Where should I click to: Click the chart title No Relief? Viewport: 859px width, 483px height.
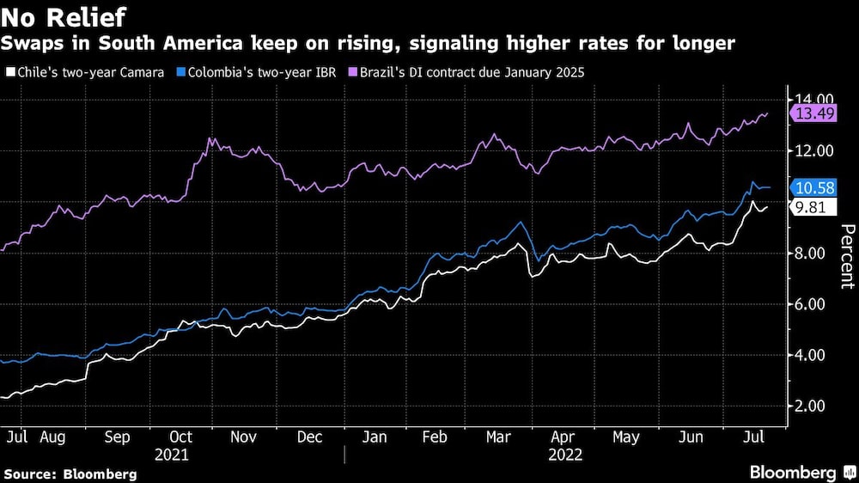point(65,17)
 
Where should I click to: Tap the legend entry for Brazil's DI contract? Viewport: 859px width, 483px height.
point(471,72)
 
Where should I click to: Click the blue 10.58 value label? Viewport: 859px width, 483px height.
point(815,186)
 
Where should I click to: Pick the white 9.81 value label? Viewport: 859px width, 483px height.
point(812,207)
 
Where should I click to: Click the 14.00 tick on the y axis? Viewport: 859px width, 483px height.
point(813,100)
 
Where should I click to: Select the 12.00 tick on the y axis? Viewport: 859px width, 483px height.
point(813,151)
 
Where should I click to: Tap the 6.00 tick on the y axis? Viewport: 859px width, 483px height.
point(813,304)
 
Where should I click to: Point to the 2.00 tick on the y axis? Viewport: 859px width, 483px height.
point(813,406)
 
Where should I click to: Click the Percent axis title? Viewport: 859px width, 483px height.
point(847,255)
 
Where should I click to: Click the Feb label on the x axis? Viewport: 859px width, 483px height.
point(435,437)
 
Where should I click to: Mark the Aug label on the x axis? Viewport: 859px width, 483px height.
point(53,437)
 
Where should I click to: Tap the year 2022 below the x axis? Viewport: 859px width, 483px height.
point(564,455)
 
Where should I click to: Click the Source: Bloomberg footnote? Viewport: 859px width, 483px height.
point(70,474)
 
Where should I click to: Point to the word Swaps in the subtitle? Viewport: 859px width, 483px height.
point(32,43)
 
